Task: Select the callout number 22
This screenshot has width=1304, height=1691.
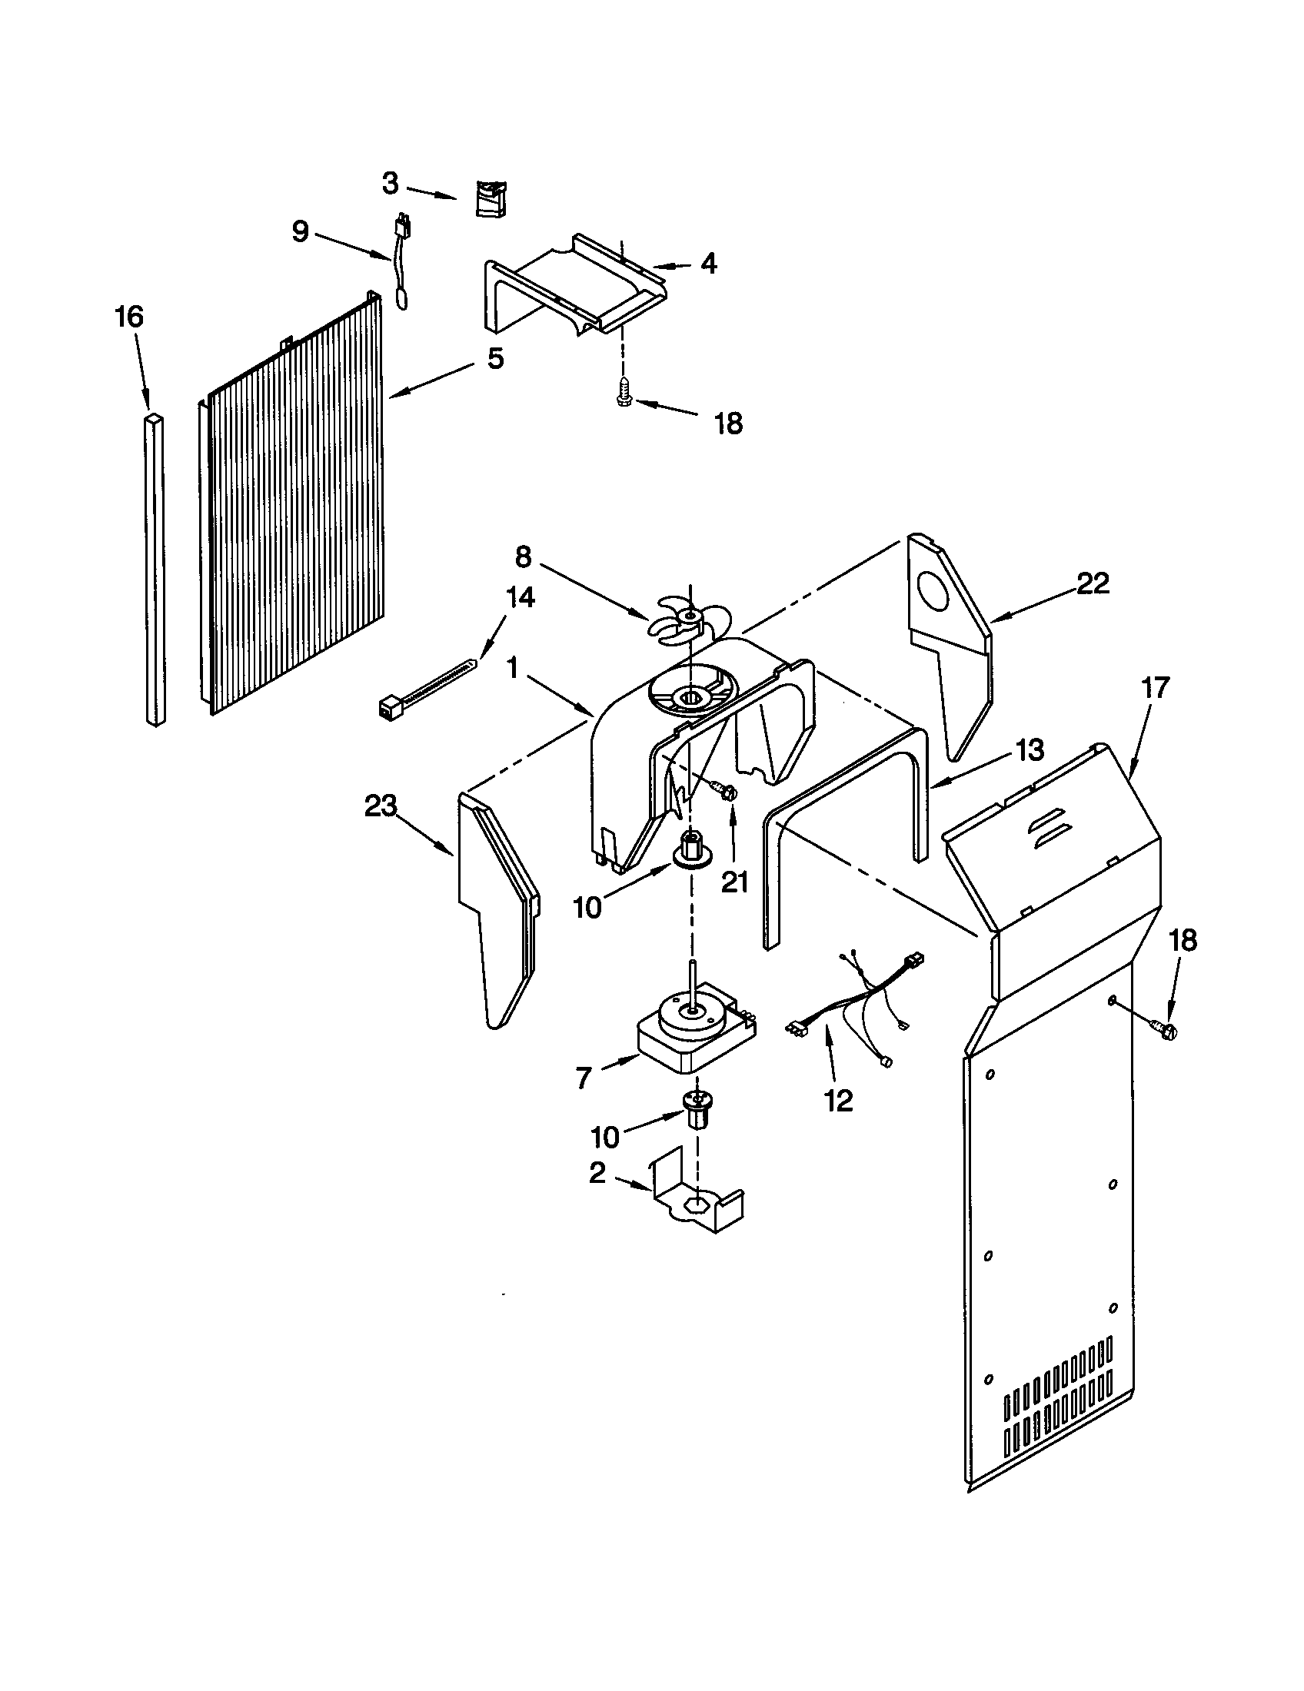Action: (x=1093, y=583)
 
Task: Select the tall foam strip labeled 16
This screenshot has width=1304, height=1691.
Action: (x=155, y=571)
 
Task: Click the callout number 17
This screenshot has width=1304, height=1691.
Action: (x=1155, y=688)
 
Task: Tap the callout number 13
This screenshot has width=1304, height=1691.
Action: (x=1030, y=749)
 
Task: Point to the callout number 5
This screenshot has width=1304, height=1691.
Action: (x=495, y=358)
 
